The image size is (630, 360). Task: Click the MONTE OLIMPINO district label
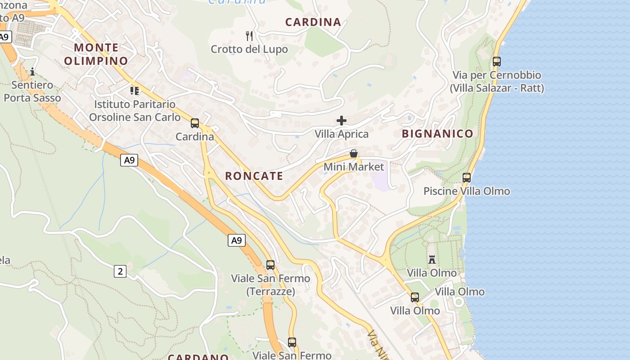[96, 54]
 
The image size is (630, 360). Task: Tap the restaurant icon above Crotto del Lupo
[249, 36]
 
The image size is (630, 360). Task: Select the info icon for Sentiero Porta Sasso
[32, 72]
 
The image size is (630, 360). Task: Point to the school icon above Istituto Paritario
[135, 91]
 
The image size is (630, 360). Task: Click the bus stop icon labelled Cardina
[195, 123]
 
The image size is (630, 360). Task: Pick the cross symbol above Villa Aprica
[342, 121]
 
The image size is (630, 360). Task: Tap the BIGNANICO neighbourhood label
[437, 134]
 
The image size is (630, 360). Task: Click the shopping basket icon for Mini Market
[354, 153]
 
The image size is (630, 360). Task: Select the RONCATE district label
[254, 176]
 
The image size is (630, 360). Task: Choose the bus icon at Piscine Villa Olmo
[467, 178]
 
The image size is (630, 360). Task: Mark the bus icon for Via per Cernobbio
[497, 62]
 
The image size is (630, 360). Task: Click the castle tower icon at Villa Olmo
[432, 260]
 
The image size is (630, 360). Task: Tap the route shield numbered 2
[120, 271]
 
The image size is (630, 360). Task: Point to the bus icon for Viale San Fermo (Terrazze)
[270, 265]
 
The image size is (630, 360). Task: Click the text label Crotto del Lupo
[249, 49]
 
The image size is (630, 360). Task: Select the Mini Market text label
[354, 167]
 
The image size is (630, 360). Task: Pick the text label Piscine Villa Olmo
[467, 191]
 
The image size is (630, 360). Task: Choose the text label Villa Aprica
[342, 134]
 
